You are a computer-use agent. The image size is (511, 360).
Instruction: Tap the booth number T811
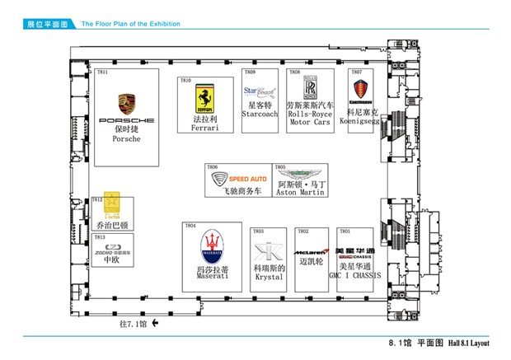pyautogui.click(x=102, y=72)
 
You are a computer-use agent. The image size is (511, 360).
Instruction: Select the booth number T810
pyautogui.click(x=185, y=80)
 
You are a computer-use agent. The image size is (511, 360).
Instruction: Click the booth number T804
pyautogui.click(x=190, y=226)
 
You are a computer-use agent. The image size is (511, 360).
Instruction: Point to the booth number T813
pyautogui.click(x=99, y=237)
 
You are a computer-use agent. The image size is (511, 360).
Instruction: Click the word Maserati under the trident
pyautogui.click(x=212, y=277)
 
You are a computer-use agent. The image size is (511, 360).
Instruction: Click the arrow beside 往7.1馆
pyautogui.click(x=154, y=323)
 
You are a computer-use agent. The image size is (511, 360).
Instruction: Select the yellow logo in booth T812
pyautogui.click(x=110, y=201)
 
